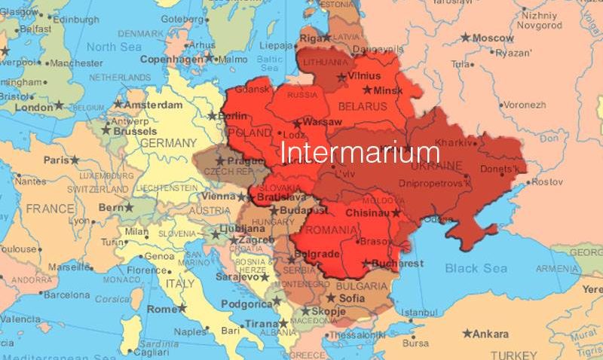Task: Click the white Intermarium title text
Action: coord(360,151)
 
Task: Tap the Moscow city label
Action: coord(493,38)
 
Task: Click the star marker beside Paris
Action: coord(75,160)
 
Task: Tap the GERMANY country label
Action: coord(168,142)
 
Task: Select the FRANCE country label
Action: coord(50,208)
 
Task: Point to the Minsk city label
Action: coord(388,90)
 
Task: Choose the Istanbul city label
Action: coord(419,313)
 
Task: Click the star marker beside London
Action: coord(60,107)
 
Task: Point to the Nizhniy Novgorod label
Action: coord(540,20)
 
